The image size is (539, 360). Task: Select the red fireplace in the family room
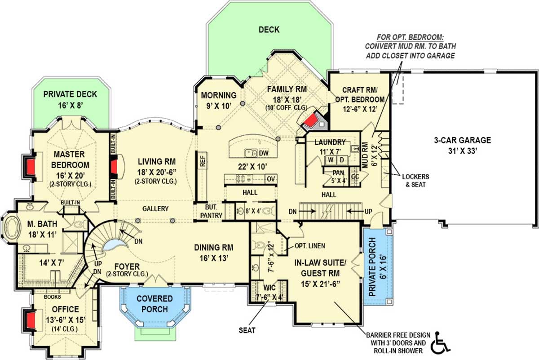311,120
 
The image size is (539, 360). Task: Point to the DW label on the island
264,153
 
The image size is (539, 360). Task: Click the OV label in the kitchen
271,179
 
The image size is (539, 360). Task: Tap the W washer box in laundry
330,160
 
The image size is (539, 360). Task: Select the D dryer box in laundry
341,160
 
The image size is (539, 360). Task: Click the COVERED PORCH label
155,304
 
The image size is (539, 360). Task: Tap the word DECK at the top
269,30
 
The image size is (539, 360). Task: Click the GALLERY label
155,209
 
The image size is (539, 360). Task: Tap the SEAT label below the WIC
247,330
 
